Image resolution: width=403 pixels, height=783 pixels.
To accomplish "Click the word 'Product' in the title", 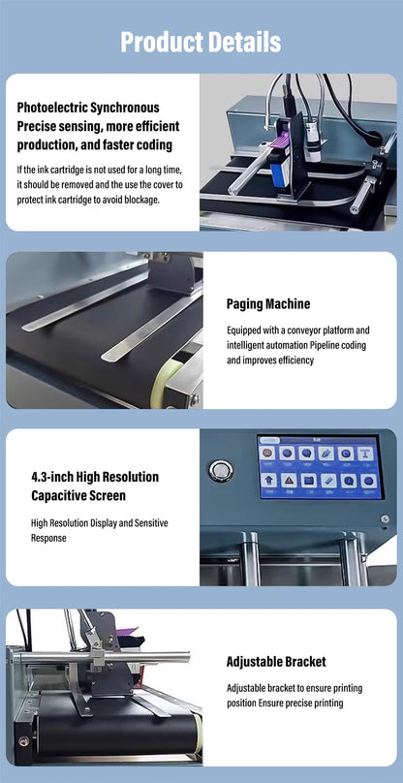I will (160, 42).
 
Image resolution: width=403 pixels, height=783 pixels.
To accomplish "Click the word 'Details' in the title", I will (242, 42).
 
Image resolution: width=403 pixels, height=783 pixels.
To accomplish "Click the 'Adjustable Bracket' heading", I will (275, 662).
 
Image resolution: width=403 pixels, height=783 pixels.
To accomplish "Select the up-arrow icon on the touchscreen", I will (268, 480).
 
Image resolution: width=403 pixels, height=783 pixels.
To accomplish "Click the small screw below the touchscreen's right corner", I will (385, 518).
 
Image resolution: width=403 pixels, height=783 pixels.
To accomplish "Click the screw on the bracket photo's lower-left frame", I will (23, 741).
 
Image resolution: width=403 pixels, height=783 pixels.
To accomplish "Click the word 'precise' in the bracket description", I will (302, 703).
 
